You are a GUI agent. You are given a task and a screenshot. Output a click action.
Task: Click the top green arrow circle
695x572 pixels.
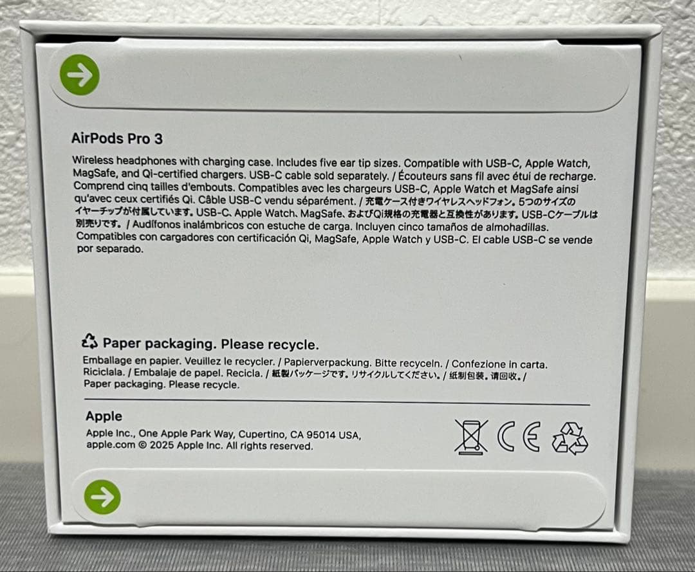(80, 75)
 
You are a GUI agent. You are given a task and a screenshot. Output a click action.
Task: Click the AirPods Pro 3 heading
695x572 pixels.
(116, 139)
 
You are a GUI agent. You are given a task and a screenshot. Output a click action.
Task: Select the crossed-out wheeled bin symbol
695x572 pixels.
(471, 436)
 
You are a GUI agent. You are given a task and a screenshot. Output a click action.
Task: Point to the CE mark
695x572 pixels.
(519, 437)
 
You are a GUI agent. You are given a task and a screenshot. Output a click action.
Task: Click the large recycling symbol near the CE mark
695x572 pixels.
(570, 438)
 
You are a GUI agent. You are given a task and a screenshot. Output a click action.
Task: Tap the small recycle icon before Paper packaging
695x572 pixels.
(89, 342)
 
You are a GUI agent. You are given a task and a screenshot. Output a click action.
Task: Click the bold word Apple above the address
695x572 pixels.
(104, 416)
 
